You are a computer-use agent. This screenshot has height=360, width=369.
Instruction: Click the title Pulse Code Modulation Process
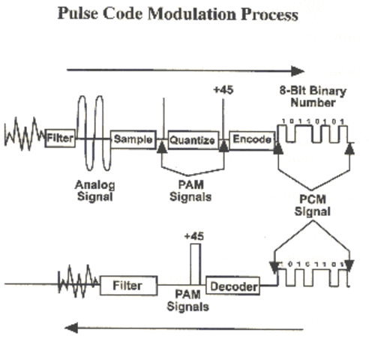pyautogui.click(x=184, y=16)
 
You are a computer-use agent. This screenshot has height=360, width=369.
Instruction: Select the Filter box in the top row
pyautogui.click(x=59, y=139)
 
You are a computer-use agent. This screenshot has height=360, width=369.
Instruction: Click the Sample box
pyautogui.click(x=133, y=139)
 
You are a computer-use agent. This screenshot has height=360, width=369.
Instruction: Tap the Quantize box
pyautogui.click(x=193, y=139)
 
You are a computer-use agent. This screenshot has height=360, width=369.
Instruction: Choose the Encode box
pyautogui.click(x=250, y=139)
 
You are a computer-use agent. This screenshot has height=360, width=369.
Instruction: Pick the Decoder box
pyautogui.click(x=233, y=286)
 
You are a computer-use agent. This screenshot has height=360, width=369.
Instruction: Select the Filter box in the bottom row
pyautogui.click(x=129, y=286)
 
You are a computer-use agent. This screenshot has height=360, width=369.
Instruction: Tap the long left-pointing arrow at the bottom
pyautogui.click(x=184, y=328)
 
